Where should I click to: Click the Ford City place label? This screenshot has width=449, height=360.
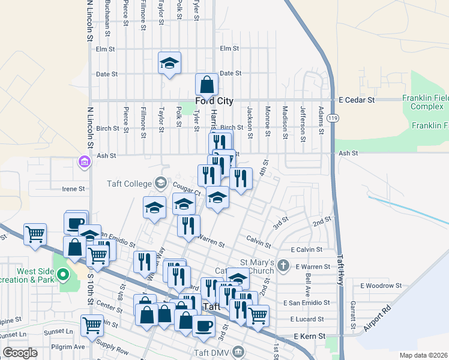pyautogui.click(x=214, y=101)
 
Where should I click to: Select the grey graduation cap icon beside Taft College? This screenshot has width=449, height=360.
pyautogui.click(x=160, y=182)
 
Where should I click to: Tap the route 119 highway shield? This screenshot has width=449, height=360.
pyautogui.click(x=339, y=118)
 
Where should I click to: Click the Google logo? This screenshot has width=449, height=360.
pyautogui.click(x=20, y=353)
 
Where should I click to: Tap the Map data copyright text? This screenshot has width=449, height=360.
pyautogui.click(x=424, y=355)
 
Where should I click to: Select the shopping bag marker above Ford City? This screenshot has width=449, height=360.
pyautogui.click(x=206, y=85)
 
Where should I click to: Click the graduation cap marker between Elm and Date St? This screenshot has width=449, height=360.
pyautogui.click(x=170, y=63)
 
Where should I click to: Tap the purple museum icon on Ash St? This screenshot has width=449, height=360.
pyautogui.click(x=83, y=162)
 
